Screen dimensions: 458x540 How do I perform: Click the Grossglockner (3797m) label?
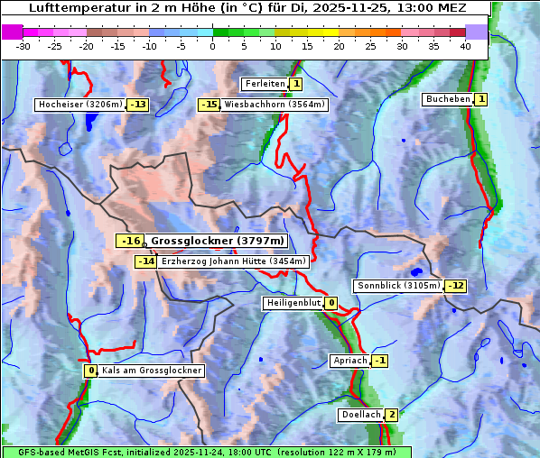click(217, 241)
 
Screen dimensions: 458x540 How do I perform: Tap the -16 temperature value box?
click(131, 241)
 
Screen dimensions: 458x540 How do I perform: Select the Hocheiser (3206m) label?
click(79, 105)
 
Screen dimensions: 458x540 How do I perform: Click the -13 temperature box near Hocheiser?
click(137, 105)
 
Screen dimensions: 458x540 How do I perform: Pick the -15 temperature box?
click(209, 105)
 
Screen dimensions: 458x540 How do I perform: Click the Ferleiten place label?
click(265, 84)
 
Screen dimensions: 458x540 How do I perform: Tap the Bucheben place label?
click(448, 98)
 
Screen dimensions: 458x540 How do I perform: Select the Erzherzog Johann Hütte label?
click(234, 261)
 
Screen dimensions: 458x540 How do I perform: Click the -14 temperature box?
click(145, 261)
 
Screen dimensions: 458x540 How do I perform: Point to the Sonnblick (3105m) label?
click(399, 286)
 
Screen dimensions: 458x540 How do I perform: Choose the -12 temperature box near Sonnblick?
click(456, 286)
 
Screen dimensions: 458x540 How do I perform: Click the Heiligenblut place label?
click(293, 303)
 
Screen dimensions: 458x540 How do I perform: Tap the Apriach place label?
click(350, 361)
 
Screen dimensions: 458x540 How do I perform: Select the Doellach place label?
click(360, 415)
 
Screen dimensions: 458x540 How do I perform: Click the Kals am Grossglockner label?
click(151, 371)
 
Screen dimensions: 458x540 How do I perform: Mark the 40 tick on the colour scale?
click(464, 46)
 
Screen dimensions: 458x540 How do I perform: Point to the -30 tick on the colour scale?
click(24, 46)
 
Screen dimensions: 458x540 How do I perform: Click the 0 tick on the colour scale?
click(213, 46)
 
